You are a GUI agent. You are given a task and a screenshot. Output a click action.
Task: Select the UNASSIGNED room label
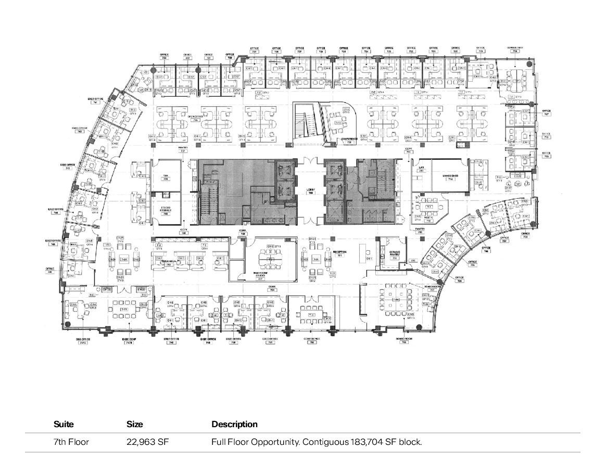click(450, 177)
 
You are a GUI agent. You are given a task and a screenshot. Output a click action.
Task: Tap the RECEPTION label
click(340, 254)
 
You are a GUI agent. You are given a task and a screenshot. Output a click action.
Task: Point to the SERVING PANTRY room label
click(395, 254)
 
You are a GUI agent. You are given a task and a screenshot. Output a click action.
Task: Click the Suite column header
click(64, 424)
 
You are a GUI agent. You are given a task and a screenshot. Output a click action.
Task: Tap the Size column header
click(134, 424)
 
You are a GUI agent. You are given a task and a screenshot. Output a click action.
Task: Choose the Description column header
click(234, 424)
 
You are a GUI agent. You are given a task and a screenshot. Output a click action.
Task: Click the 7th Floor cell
click(71, 442)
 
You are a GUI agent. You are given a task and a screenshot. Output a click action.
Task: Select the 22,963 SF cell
click(148, 442)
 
